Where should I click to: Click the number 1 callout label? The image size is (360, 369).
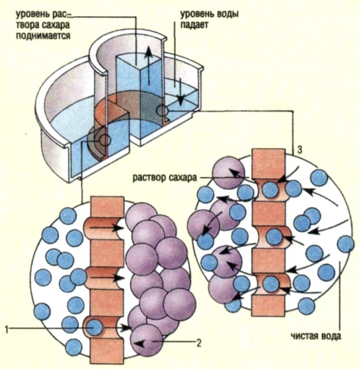point(7,329)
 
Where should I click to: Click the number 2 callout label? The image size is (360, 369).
point(199,343)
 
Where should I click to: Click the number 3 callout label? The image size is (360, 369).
point(299,150)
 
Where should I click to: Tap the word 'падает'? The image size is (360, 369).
point(194,24)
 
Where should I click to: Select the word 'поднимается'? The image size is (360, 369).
point(43,36)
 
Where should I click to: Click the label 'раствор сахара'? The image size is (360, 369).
point(164,178)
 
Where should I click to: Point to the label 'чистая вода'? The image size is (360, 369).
point(316,336)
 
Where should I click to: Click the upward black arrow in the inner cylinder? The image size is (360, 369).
point(148,65)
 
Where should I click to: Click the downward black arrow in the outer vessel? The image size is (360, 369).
point(180,92)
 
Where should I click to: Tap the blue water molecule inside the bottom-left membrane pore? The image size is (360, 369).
point(94,327)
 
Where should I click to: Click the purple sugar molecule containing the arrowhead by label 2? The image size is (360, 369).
point(147,339)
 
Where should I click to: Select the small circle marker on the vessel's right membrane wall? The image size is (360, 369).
point(162,110)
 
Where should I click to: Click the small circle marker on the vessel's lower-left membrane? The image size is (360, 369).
point(104,141)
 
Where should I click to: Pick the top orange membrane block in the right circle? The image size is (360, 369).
point(268,163)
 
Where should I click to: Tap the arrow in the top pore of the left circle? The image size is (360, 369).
point(106,228)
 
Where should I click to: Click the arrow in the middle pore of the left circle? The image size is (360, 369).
point(108,278)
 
